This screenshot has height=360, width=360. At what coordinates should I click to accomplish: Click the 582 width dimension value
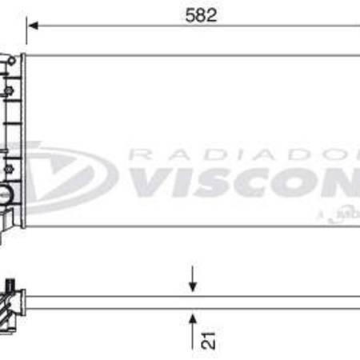(x=201, y=15)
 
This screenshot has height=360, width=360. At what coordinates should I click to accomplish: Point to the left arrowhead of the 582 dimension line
(x=32, y=26)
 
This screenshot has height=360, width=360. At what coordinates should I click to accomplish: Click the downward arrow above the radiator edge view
(x=192, y=282)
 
